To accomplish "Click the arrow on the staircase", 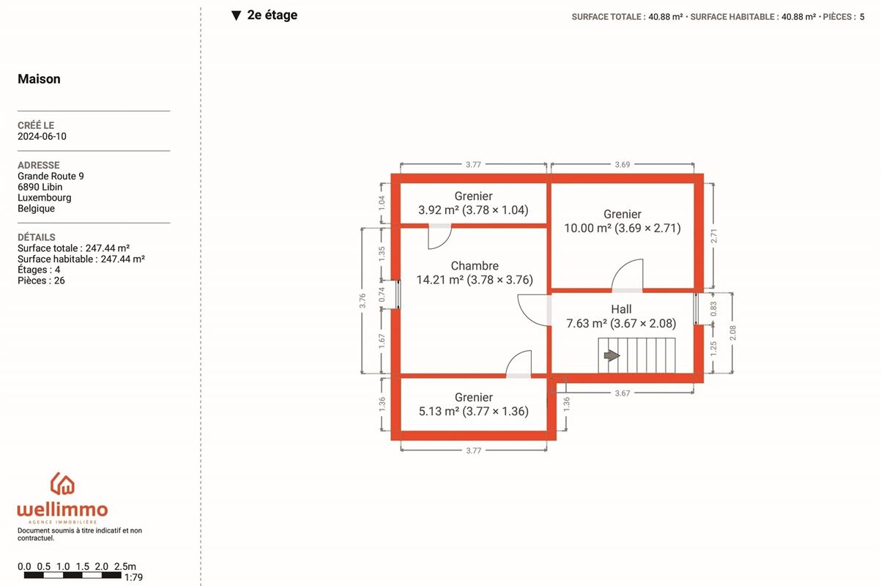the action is tap(612, 355).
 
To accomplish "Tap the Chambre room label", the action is tap(475, 266).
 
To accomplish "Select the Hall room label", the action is tap(621, 309).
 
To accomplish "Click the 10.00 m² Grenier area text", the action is tap(622, 228).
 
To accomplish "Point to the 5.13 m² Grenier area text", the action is tap(474, 412).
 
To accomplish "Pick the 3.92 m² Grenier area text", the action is tap(473, 210).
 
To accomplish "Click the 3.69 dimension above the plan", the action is tap(622, 164).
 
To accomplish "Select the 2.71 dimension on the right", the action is tap(714, 236).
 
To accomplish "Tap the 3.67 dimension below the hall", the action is tap(622, 393).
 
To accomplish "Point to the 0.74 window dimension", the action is tap(382, 295).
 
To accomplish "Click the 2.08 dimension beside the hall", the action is tap(732, 333).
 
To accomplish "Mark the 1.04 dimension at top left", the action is tap(382, 203).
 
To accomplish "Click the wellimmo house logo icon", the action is tap(62, 483).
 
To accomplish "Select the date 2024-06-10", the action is tap(42, 136).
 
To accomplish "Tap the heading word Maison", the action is tap(39, 79).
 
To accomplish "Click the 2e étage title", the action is tap(272, 15).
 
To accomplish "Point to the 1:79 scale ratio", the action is tap(133, 577).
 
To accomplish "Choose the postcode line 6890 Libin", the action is tap(40, 187).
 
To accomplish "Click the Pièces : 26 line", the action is tap(41, 281).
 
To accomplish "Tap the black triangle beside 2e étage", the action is tap(236, 15).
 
